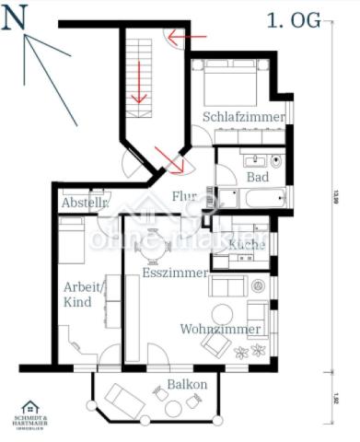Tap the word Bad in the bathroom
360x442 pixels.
pyautogui.click(x=258, y=176)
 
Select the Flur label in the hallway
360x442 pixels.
pyautogui.click(x=184, y=196)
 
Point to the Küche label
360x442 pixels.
pyautogui.click(x=246, y=244)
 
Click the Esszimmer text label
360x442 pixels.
pyautogui.click(x=174, y=273)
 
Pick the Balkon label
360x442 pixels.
pyautogui.click(x=187, y=384)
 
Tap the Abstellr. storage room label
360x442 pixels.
pyautogui.click(x=86, y=203)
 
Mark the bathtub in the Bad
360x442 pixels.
pyautogui.click(x=263, y=198)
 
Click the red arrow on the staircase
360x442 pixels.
pyautogui.click(x=140, y=83)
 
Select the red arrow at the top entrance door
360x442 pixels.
pyautogui.click(x=187, y=40)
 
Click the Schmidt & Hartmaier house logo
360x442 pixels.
pyautogui.click(x=30, y=408)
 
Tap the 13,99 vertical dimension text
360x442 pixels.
pyautogui.click(x=335, y=198)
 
